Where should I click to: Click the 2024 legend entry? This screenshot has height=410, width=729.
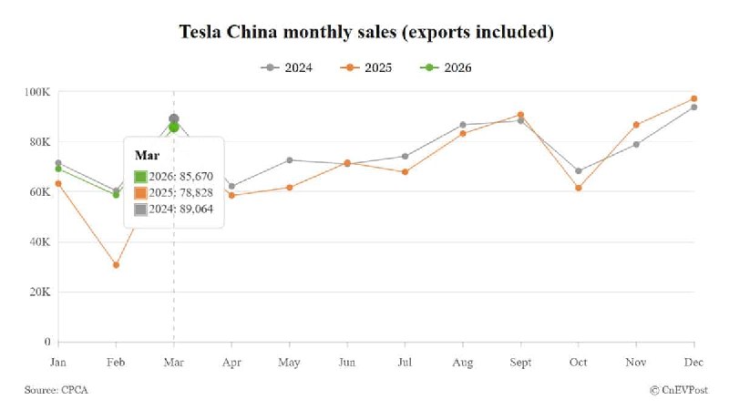coord(287,67)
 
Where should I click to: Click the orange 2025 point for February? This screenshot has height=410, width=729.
coord(116,265)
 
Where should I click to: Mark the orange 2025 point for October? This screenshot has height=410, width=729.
coord(579,188)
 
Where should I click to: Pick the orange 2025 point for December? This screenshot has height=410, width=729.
coord(694,98)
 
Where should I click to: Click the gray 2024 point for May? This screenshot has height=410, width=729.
coord(289,160)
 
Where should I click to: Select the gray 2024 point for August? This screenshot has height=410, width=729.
coord(463,125)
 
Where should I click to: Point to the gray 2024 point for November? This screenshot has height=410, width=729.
coord(636,144)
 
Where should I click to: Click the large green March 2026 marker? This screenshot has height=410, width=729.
coord(174,128)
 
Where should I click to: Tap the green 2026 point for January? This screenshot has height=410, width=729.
coord(58,169)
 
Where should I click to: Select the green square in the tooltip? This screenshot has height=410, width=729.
coord(140,177)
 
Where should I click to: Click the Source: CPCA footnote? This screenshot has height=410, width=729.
coord(56,390)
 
